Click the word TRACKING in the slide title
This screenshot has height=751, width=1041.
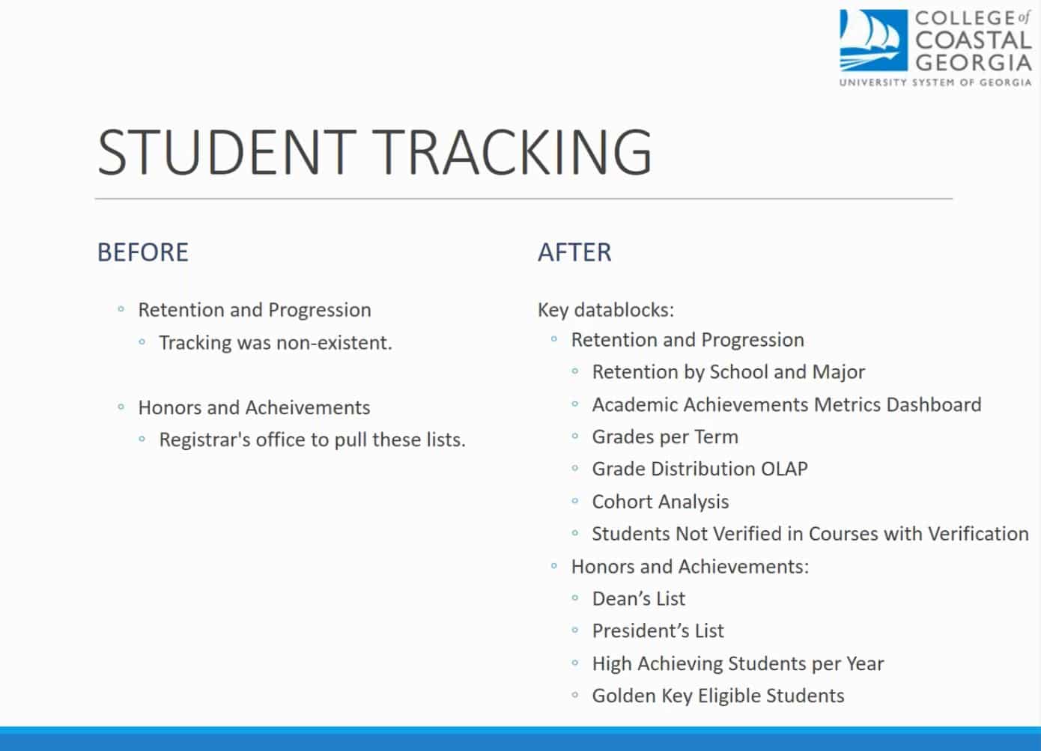point(514,152)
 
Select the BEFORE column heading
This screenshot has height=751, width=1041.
point(142,252)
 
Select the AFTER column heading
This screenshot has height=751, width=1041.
point(574,252)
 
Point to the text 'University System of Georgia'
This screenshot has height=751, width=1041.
point(935,82)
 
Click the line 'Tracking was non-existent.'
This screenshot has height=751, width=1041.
point(275,343)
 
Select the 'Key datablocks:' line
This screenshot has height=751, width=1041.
point(606,310)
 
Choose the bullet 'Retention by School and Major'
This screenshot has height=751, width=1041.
point(728,372)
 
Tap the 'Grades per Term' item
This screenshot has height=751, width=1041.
point(665,437)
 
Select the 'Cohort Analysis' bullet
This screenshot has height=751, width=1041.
point(660,502)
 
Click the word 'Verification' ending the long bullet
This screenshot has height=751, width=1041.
point(978,534)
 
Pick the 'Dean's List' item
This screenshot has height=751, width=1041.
point(638,599)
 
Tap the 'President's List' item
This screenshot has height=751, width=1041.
point(658,631)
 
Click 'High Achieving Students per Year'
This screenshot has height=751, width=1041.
point(738,663)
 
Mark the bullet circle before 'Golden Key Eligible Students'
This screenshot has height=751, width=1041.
point(575,696)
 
